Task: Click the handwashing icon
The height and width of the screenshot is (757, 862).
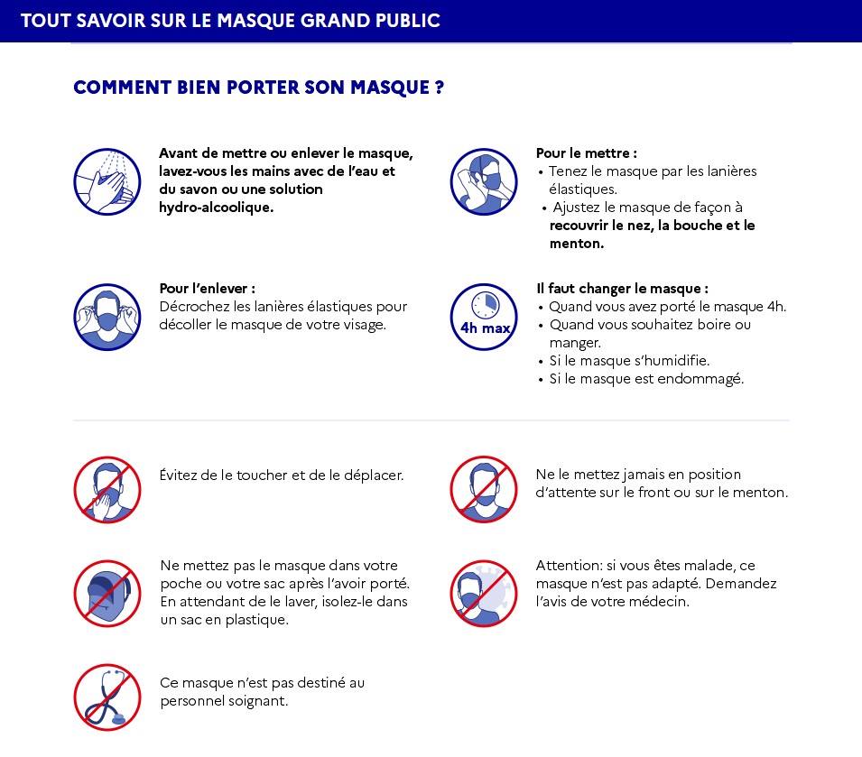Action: (x=107, y=182)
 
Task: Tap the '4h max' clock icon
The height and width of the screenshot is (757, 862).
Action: (x=484, y=318)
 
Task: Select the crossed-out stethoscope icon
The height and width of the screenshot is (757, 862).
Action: (x=107, y=697)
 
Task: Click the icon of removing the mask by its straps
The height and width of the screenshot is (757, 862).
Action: (x=107, y=318)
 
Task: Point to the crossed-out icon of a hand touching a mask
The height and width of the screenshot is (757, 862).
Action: (x=107, y=490)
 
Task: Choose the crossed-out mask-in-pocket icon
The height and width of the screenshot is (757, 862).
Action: (x=107, y=594)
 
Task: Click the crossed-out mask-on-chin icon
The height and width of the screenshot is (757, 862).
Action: (x=484, y=490)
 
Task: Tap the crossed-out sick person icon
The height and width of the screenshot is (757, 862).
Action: (x=484, y=594)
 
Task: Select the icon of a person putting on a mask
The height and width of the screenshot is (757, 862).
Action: (x=484, y=182)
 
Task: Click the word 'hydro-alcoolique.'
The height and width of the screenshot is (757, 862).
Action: (x=216, y=208)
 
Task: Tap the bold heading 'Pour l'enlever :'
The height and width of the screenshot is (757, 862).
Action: (x=207, y=289)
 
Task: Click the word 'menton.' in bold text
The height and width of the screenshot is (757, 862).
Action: (x=577, y=244)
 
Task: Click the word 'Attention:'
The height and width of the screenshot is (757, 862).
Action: (x=569, y=566)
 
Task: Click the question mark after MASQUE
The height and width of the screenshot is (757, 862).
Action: (x=439, y=88)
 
